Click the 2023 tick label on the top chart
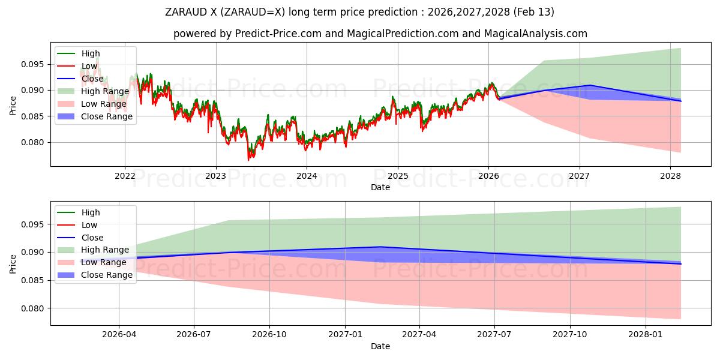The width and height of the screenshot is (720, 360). click(x=215, y=176)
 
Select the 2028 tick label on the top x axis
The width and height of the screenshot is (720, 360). click(x=670, y=176)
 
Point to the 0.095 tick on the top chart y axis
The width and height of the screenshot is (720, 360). click(x=34, y=64)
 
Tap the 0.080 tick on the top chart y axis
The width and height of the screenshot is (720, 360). click(x=34, y=143)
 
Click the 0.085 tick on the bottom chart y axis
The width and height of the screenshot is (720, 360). click(x=34, y=281)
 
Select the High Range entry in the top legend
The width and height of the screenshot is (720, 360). click(x=105, y=92)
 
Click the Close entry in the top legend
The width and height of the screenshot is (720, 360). click(x=93, y=79)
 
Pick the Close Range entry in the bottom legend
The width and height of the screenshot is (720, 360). click(x=107, y=275)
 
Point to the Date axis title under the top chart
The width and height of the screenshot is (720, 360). click(x=380, y=187)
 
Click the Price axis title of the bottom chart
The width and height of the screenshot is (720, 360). click(x=13, y=263)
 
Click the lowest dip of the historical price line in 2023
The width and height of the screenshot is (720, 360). click(x=248, y=160)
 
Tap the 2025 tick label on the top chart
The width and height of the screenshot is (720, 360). click(x=397, y=176)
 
